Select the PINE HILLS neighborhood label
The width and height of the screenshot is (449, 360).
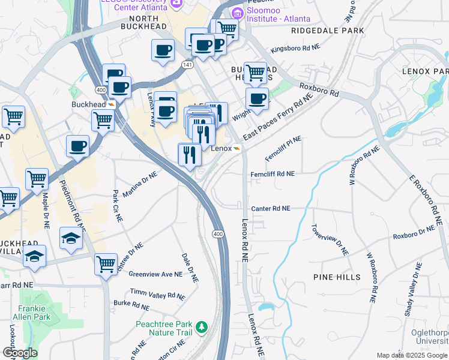point(337,277)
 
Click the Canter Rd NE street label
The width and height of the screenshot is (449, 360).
point(271,208)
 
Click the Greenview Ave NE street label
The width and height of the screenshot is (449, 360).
point(155,274)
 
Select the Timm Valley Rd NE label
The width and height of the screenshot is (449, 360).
point(158,294)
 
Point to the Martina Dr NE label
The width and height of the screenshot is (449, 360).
point(139,185)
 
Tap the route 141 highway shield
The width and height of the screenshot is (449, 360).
point(188,64)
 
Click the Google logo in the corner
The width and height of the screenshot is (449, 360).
point(19,353)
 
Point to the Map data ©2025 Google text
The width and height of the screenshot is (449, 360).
point(411,355)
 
